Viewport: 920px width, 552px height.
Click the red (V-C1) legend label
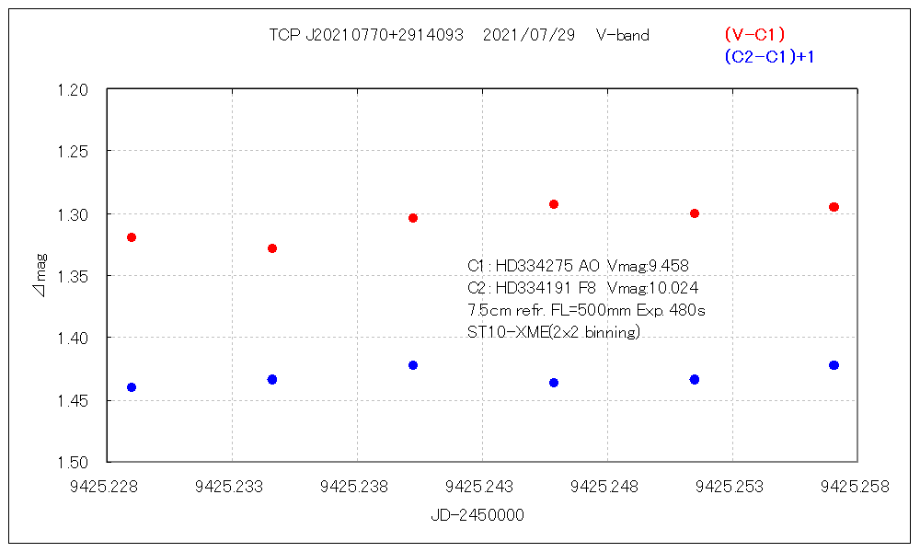click(x=754, y=35)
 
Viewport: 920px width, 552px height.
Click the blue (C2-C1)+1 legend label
click(x=770, y=57)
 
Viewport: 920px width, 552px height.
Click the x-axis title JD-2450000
click(x=477, y=515)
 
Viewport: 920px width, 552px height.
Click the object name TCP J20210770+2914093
click(x=366, y=35)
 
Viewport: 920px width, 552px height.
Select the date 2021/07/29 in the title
click(x=529, y=35)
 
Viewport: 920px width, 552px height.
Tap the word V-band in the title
click(x=623, y=35)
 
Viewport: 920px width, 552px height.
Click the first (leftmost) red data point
click(x=132, y=237)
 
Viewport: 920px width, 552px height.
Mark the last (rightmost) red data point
click(x=834, y=207)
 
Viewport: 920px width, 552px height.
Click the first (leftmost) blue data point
click(x=132, y=387)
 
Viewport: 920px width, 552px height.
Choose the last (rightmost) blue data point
click(x=834, y=365)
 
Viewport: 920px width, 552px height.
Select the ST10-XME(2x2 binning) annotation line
click(x=554, y=332)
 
